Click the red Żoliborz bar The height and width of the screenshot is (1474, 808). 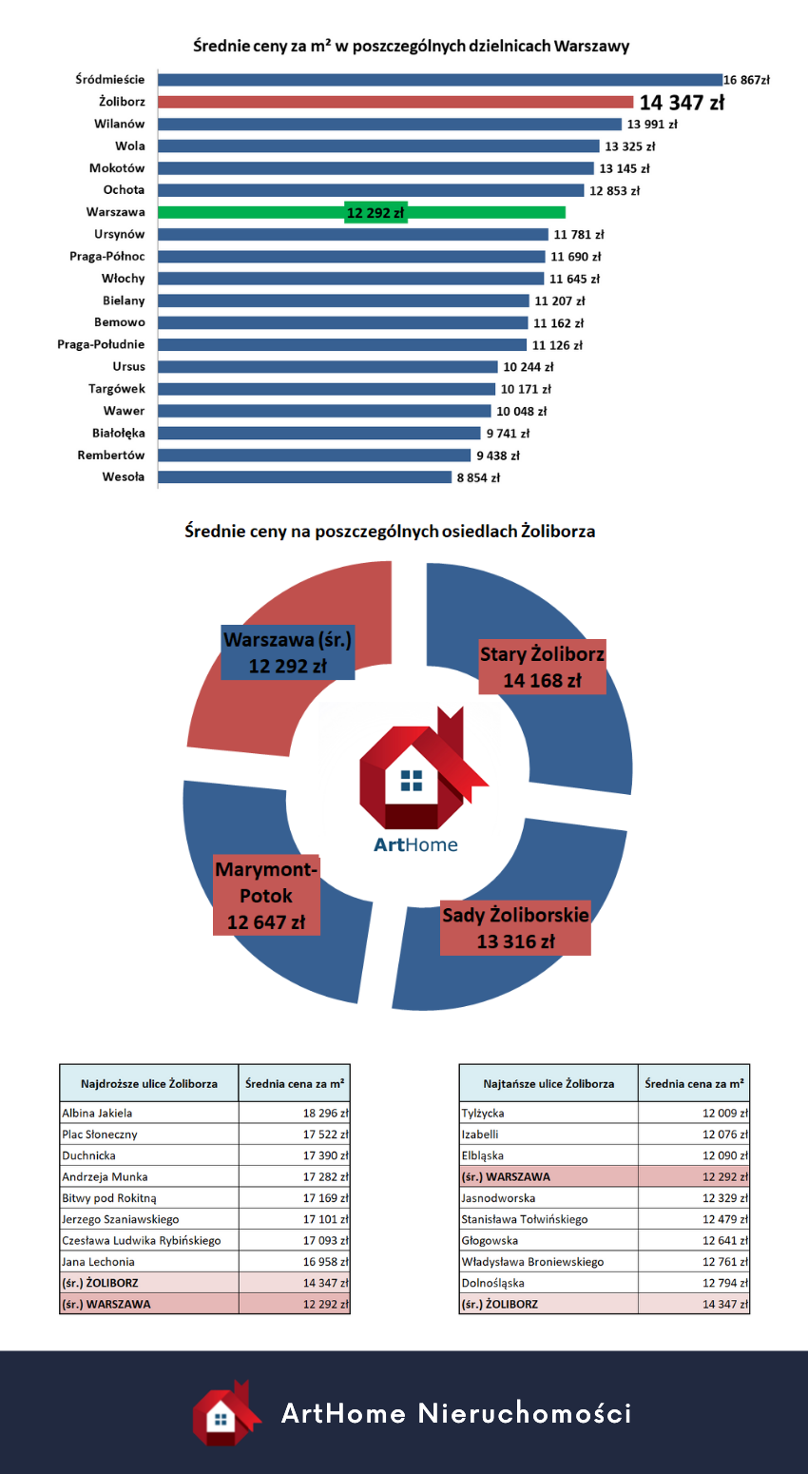[x=395, y=102]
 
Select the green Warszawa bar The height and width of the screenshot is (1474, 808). [x=361, y=213]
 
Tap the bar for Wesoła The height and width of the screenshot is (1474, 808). [x=304, y=477]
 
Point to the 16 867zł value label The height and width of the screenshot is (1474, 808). [x=746, y=80]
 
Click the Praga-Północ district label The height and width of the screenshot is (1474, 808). [x=107, y=257]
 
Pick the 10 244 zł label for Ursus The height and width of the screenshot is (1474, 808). [x=529, y=367]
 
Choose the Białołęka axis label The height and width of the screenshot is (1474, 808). [x=119, y=433]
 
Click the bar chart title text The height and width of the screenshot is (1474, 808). [x=411, y=46]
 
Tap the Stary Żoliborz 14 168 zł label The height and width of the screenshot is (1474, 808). [x=542, y=668]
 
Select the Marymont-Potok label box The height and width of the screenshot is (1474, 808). [x=266, y=896]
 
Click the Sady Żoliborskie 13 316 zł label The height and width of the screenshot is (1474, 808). [x=515, y=928]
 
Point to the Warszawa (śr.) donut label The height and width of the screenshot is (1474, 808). [x=287, y=653]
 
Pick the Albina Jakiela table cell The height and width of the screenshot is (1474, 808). [x=97, y=1113]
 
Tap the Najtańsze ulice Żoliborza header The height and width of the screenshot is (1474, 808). [x=548, y=1083]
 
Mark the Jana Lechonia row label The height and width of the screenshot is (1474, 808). [x=98, y=1262]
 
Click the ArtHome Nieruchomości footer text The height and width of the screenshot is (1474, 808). [x=456, y=1413]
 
